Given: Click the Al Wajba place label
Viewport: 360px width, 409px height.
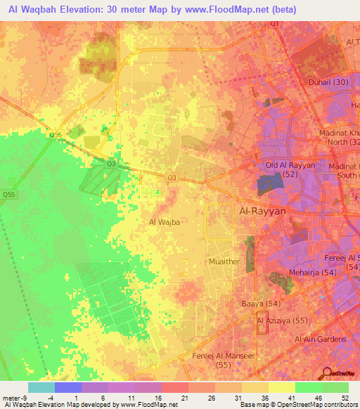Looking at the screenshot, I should (x=165, y=221).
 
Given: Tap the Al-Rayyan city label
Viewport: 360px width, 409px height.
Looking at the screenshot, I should (x=263, y=210).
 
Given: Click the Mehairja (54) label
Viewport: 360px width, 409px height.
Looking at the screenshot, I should (x=314, y=271).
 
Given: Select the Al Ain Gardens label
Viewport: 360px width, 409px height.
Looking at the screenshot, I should (x=321, y=339).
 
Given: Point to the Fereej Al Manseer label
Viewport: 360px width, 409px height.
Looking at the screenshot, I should (x=224, y=356).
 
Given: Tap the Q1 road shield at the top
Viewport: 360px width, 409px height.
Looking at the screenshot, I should (x=274, y=24).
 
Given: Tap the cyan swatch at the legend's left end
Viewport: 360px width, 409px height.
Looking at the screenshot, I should (x=41, y=387).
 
